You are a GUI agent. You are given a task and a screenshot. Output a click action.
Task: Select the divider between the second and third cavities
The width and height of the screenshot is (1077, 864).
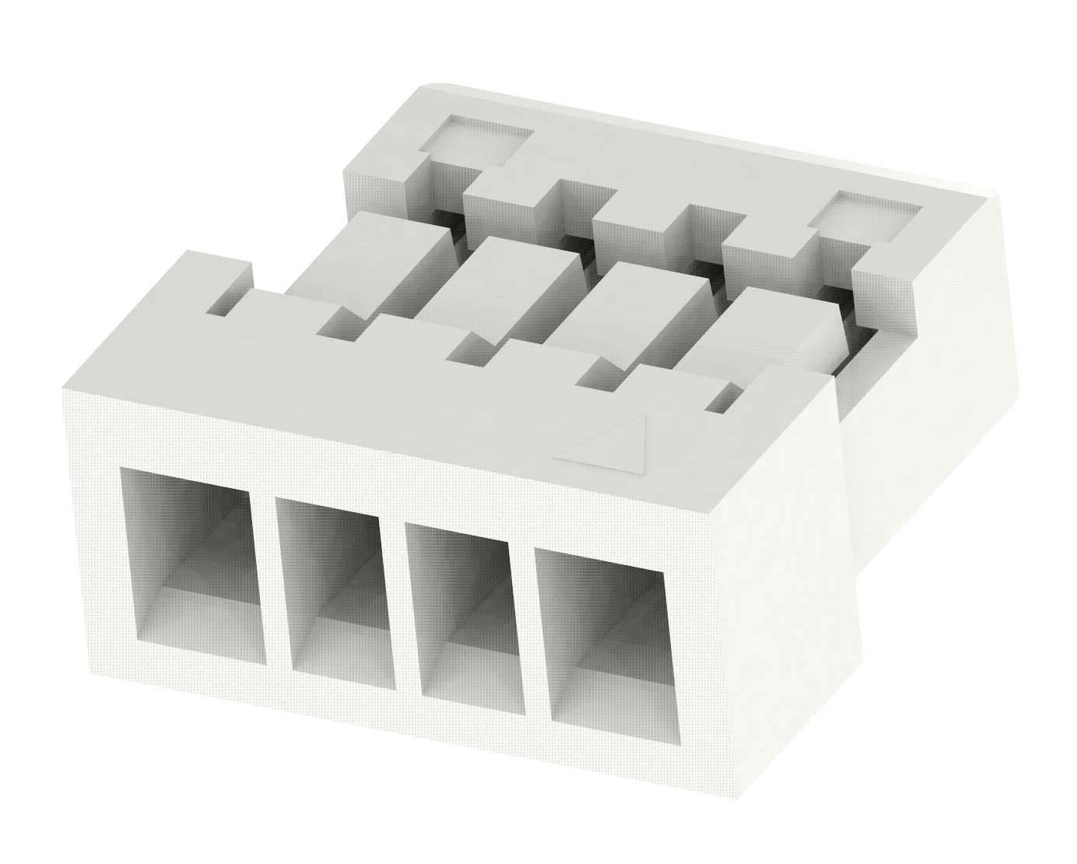click(402, 603)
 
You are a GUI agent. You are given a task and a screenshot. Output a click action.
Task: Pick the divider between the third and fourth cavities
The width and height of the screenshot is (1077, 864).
click(529, 627)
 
